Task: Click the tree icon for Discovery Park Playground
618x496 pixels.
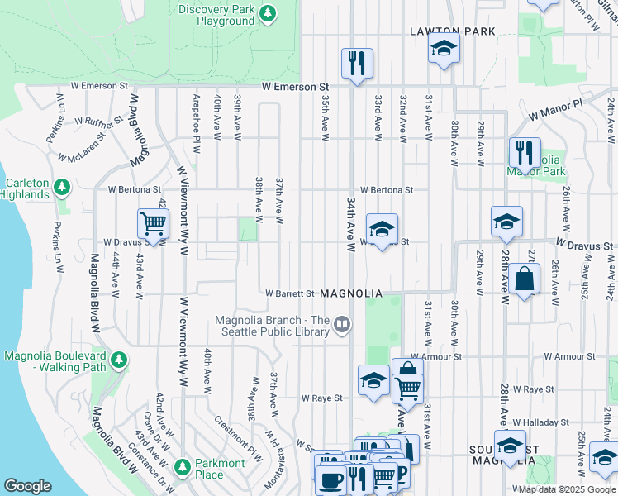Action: tap(267, 14)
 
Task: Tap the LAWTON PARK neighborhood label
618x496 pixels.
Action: tap(453, 31)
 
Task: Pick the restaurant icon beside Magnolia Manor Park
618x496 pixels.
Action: tap(525, 152)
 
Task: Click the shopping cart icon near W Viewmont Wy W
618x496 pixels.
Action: tap(153, 223)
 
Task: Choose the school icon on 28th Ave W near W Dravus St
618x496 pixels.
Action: tap(506, 222)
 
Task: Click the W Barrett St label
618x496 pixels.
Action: tap(290, 293)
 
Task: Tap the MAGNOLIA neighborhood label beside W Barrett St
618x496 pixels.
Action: tap(351, 293)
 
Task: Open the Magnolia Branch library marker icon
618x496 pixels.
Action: tap(342, 327)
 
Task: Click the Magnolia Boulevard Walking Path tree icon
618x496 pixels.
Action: tap(120, 361)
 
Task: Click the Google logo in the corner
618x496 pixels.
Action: tap(27, 486)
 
